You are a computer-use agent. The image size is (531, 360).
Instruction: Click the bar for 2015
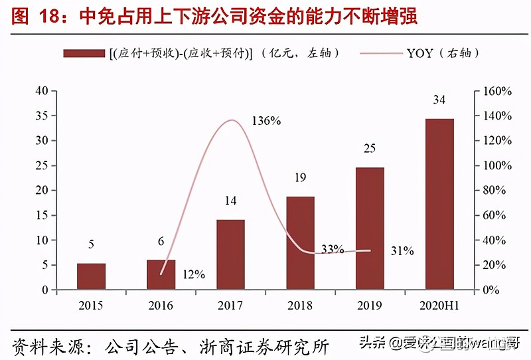click(x=91, y=276)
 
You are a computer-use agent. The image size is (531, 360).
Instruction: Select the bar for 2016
click(x=161, y=274)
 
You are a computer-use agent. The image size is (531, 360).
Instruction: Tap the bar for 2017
click(x=230, y=254)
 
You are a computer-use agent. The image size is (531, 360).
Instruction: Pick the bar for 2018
click(x=300, y=243)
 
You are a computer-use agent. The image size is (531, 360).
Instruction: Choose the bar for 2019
click(x=370, y=228)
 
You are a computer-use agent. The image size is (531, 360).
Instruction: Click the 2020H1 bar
click(x=439, y=204)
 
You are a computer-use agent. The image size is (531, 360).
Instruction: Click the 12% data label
click(x=194, y=274)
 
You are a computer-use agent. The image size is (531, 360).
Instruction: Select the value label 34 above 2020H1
click(x=439, y=100)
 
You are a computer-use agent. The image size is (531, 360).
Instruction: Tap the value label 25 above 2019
click(x=370, y=149)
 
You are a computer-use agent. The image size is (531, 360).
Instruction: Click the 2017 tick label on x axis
click(x=230, y=306)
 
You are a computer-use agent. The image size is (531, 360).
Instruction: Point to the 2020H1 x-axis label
click(x=439, y=306)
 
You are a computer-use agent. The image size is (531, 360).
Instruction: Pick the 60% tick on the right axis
click(x=496, y=215)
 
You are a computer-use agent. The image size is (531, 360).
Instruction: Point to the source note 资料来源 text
click(x=169, y=345)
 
